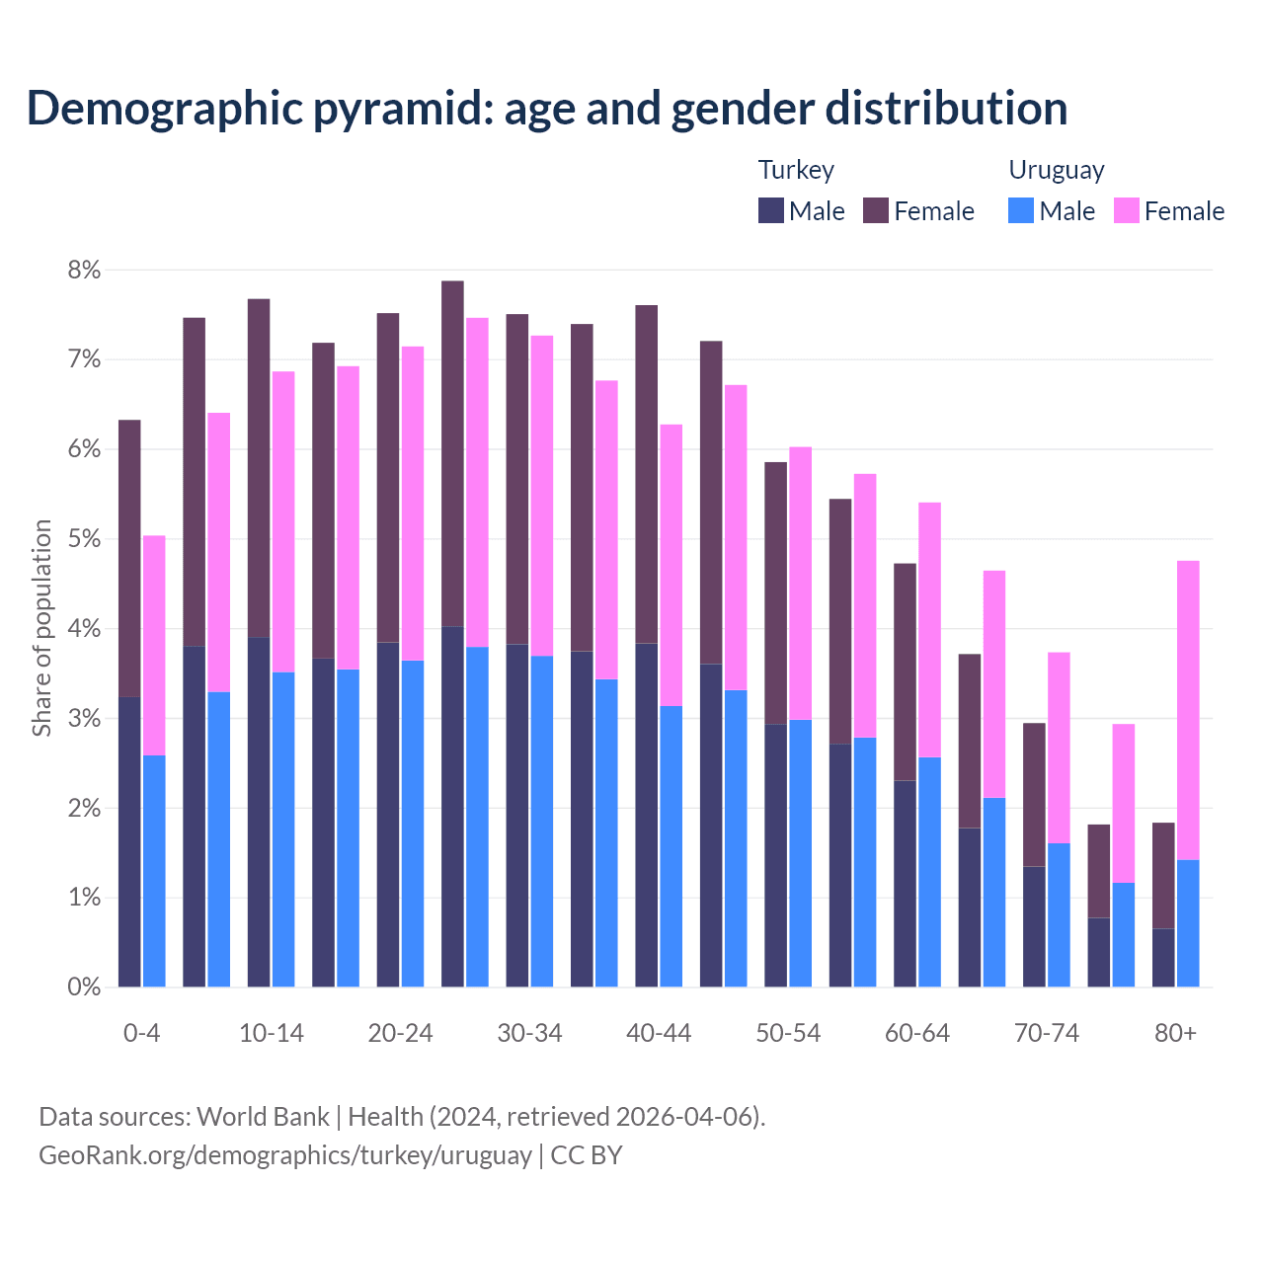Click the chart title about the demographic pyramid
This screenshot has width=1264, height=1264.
pyautogui.click(x=547, y=109)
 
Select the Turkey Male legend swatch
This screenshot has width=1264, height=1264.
pyautogui.click(x=771, y=210)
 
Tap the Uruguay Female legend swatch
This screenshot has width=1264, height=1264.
pyautogui.click(x=1126, y=210)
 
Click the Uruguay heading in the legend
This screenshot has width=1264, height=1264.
pyautogui.click(x=1056, y=170)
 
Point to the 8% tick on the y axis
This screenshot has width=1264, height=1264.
pyautogui.click(x=84, y=270)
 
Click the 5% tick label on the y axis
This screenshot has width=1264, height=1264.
pyautogui.click(x=84, y=539)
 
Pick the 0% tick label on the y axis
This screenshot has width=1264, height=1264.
pyautogui.click(x=84, y=987)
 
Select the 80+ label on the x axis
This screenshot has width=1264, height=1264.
pyautogui.click(x=1175, y=1033)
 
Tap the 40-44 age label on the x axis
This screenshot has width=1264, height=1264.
pyautogui.click(x=659, y=1033)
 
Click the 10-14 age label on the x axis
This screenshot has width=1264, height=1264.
pyautogui.click(x=272, y=1033)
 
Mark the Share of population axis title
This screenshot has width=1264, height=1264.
pyautogui.click(x=41, y=628)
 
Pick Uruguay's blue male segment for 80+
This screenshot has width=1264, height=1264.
pyautogui.click(x=1188, y=923)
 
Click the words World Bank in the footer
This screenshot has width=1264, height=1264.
pyautogui.click(x=263, y=1117)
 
